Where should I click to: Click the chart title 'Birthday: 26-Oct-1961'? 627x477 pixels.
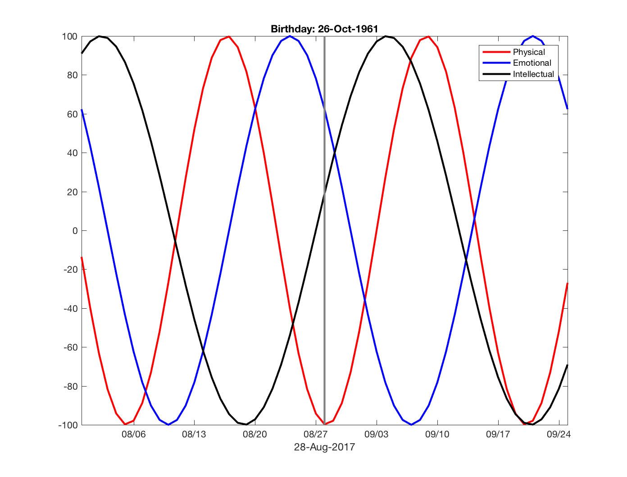324,29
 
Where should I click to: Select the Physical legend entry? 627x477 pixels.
529,52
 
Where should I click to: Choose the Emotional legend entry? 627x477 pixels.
532,63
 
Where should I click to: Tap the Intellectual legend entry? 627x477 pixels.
533,74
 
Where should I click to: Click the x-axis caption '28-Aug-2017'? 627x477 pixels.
324,447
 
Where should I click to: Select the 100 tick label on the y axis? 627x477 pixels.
70,36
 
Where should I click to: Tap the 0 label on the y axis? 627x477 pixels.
75,231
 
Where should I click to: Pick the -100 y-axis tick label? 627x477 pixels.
68,425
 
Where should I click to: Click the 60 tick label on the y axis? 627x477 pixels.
72,114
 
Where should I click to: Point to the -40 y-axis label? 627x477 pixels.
70,309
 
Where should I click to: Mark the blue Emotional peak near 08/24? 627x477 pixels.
290,36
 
